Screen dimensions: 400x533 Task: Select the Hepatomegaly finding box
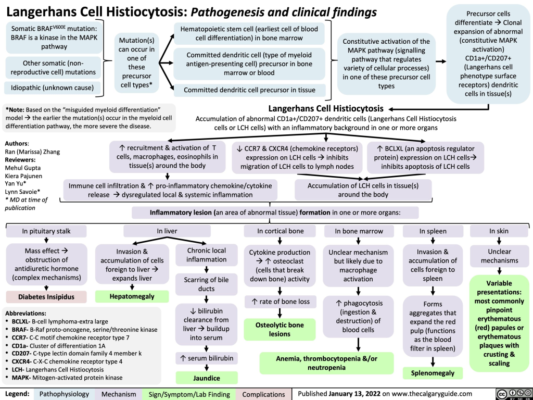click(132, 297)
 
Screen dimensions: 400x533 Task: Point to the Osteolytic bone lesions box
click(280, 329)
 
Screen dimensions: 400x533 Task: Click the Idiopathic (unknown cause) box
click(50, 87)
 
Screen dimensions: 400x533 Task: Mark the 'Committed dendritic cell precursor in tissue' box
click(250, 90)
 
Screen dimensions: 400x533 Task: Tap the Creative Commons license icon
click(510, 393)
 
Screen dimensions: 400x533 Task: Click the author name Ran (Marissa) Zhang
click(31, 152)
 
